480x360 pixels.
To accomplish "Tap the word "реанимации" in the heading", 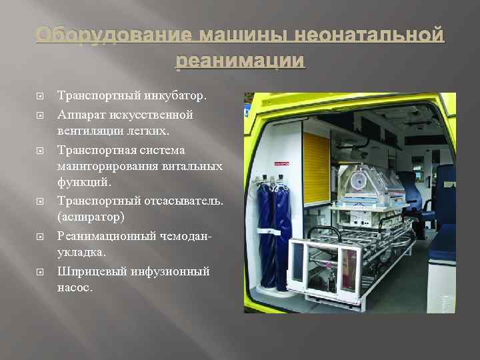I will [240, 61].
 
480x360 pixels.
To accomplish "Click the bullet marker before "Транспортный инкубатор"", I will [39, 97].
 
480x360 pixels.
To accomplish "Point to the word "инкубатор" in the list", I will [174, 97].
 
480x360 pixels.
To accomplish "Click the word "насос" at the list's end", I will [74, 288].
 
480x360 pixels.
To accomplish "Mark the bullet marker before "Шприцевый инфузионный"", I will [39, 271].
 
